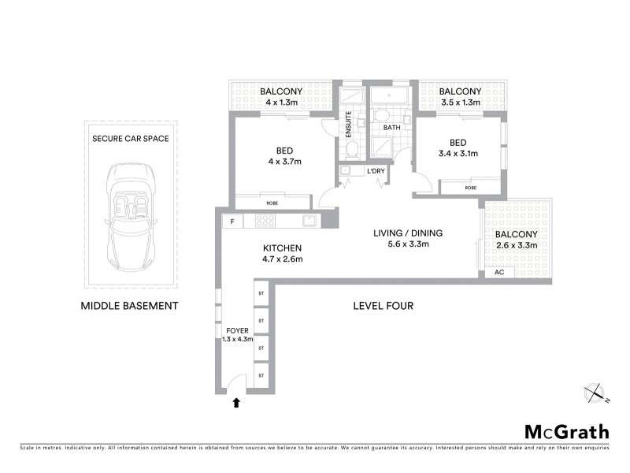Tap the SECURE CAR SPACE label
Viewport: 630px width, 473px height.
[x=131, y=138]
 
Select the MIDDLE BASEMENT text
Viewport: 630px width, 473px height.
[x=130, y=305]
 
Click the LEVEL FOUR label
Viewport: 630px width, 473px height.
[x=384, y=305]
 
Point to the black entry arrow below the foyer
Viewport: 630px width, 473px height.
[x=235, y=404]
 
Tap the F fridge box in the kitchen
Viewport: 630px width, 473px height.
[x=232, y=222]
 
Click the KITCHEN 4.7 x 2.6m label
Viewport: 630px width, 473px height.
[x=282, y=253]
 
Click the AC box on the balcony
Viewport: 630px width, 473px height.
[x=498, y=273]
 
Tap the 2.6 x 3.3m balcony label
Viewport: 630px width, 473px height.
[x=516, y=240]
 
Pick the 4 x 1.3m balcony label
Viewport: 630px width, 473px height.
[x=280, y=97]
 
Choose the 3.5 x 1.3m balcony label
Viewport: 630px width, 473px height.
[x=461, y=97]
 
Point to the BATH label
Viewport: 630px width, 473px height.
[x=391, y=127]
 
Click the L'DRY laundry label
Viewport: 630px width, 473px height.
[x=375, y=170]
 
